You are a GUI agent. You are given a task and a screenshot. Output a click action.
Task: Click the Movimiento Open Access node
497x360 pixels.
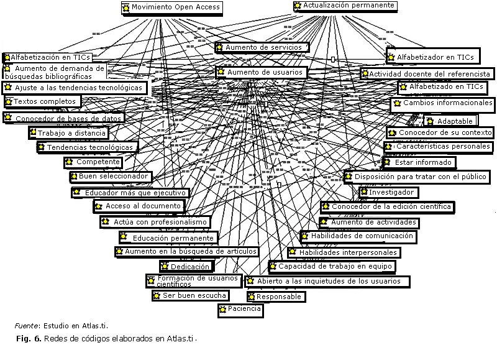pyautogui.click(x=171, y=8)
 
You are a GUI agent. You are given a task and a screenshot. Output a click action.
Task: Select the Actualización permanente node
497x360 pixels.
pyautogui.click(x=345, y=6)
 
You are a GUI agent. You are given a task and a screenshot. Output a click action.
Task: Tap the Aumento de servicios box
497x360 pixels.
pyautogui.click(x=262, y=47)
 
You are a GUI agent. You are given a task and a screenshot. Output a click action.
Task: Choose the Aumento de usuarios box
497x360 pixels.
pyautogui.click(x=261, y=72)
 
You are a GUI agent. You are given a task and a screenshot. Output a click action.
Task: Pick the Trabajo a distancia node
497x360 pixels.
pyautogui.click(x=69, y=133)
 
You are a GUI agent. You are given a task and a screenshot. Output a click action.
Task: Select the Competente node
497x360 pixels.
pyautogui.click(x=94, y=162)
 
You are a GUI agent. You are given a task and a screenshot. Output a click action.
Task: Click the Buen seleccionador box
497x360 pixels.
pyautogui.click(x=110, y=177)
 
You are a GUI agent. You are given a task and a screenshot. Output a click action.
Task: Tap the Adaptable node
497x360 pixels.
pyautogui.click(x=451, y=121)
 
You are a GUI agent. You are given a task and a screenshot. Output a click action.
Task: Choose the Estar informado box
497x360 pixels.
pyautogui.click(x=419, y=162)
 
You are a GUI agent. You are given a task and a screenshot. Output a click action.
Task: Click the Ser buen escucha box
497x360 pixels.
pyautogui.click(x=190, y=295)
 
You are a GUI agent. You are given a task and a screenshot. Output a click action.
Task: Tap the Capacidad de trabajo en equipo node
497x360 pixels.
pyautogui.click(x=332, y=266)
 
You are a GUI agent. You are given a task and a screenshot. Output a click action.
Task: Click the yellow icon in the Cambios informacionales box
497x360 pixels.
pyautogui.click(x=397, y=103)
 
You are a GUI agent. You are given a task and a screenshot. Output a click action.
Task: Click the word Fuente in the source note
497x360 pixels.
pyautogui.click(x=25, y=325)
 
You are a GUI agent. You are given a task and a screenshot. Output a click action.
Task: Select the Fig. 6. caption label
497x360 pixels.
pyautogui.click(x=29, y=339)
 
